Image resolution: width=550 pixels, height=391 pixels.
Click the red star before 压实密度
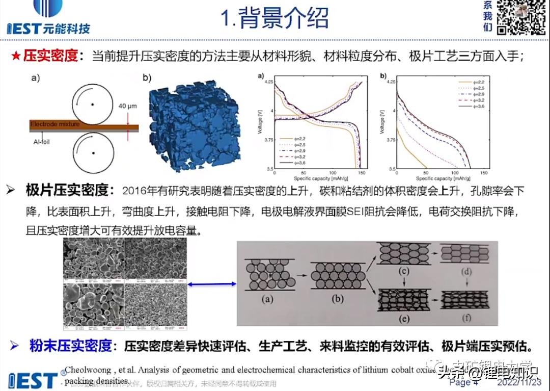tap(15, 57)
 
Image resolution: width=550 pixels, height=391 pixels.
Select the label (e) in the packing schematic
tap(403, 320)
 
